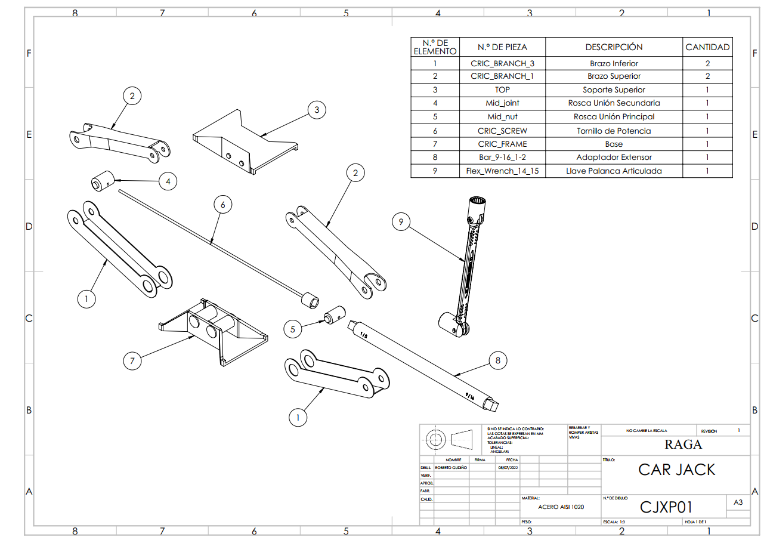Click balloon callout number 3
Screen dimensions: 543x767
[317, 110]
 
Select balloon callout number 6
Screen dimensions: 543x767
[222, 205]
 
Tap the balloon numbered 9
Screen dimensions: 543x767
[401, 222]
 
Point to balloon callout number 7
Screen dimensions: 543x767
[132, 360]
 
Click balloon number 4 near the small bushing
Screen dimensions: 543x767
[168, 181]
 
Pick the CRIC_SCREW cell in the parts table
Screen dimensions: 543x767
[502, 131]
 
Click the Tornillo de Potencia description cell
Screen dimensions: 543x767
[614, 131]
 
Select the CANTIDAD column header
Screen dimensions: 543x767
[707, 47]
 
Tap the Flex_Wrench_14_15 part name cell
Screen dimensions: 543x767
[502, 171]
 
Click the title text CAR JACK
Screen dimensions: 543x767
[676, 470]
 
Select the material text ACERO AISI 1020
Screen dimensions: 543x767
[561, 507]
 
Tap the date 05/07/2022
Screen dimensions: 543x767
[508, 468]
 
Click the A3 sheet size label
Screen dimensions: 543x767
[738, 502]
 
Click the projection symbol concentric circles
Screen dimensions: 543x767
[435, 440]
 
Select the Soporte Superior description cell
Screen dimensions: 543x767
[614, 90]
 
